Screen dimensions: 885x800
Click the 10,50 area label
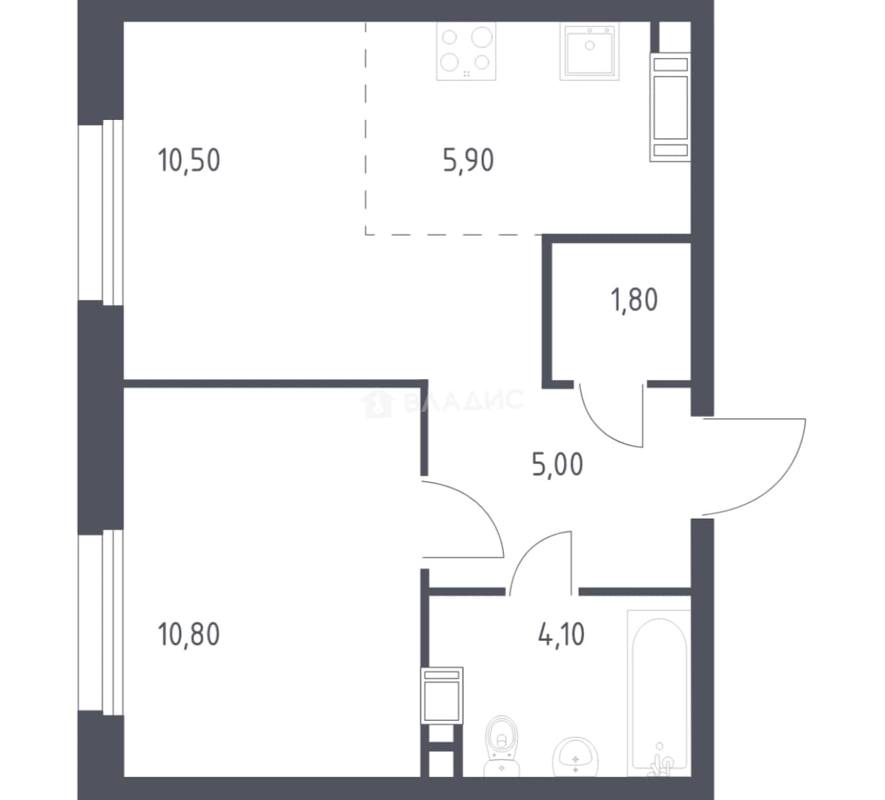point(189,160)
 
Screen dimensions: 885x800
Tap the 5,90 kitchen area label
point(468,160)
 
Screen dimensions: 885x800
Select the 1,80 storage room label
point(634,299)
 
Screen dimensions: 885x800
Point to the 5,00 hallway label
point(557,465)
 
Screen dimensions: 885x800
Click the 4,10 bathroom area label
point(562,634)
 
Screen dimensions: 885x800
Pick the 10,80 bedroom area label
point(189,634)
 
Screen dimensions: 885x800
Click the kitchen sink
point(589,51)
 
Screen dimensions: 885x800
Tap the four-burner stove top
point(466,51)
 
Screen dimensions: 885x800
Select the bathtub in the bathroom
point(659,693)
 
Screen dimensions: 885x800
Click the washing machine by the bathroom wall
point(442,696)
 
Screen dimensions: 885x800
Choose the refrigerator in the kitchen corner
point(671,107)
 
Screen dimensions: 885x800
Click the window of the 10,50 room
point(101,213)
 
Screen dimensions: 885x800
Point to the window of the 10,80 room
point(101,623)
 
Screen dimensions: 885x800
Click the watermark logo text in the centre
point(442,401)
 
